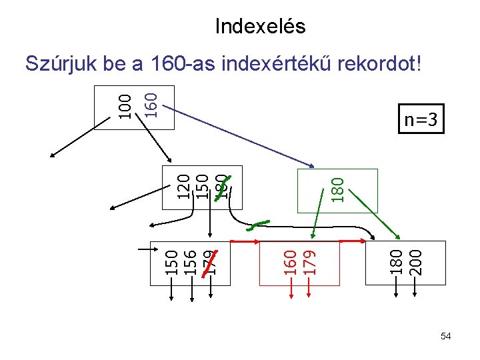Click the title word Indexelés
(x=260, y=27)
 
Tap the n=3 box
(x=421, y=120)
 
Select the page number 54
(x=445, y=337)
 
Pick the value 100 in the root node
(x=125, y=107)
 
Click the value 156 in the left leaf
(x=191, y=262)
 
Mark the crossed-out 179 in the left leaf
(x=210, y=262)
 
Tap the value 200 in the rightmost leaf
(x=415, y=262)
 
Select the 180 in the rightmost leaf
(x=397, y=262)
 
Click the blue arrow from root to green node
(x=240, y=137)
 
